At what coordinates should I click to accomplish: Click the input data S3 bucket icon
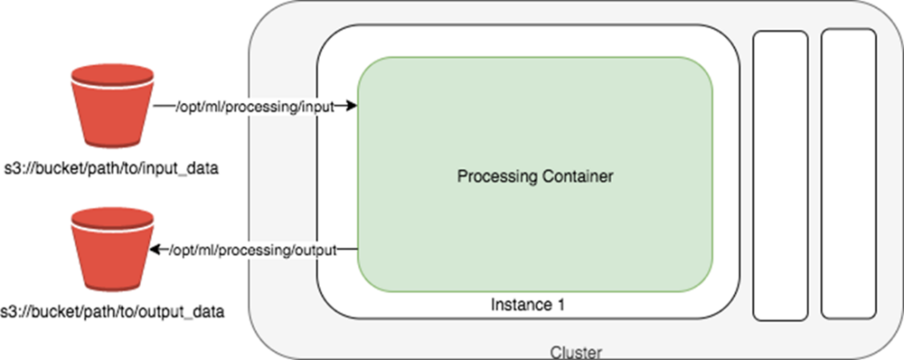tap(112, 106)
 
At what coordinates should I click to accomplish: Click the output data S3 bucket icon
tap(112, 250)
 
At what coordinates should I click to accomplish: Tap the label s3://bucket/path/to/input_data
tap(111, 171)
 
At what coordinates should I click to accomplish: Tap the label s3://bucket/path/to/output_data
tap(112, 312)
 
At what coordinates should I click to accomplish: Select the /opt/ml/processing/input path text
tap(254, 106)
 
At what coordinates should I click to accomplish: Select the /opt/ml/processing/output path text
tap(253, 249)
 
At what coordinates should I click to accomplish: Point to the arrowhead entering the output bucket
tap(156, 249)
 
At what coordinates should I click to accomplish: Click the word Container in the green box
tap(577, 175)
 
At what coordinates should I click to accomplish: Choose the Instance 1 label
tap(527, 305)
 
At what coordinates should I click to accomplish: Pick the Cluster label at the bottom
tap(576, 352)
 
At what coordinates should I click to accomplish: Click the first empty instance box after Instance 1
tap(780, 175)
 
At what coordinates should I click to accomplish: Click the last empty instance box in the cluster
tap(849, 173)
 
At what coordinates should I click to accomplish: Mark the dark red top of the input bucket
tap(112, 75)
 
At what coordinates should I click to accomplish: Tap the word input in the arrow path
tap(318, 106)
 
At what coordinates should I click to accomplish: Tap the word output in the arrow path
tap(316, 249)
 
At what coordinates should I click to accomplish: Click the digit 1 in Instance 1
tap(559, 305)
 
